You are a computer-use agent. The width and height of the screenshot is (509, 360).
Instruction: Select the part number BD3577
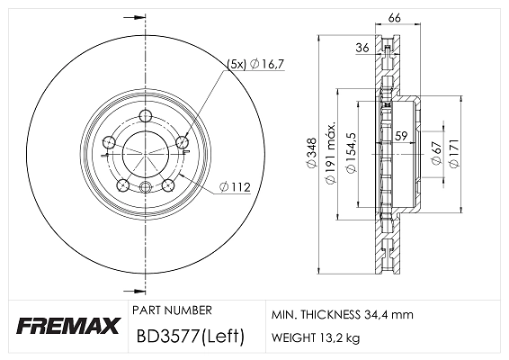pyautogui.click(x=165, y=337)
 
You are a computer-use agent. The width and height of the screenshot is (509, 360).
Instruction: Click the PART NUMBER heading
pyautogui.click(x=172, y=310)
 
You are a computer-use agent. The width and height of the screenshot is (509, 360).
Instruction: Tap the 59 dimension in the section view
pyautogui.click(x=402, y=136)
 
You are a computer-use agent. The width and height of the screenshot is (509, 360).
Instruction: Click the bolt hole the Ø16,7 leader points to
pyautogui.click(x=183, y=141)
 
